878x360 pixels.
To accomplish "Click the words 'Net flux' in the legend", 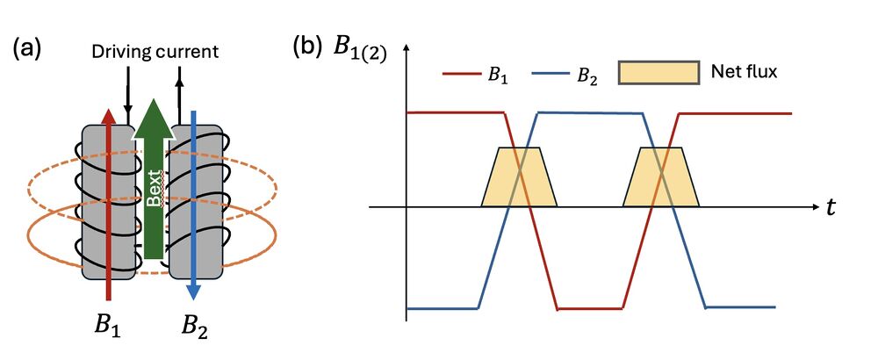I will point(743,72).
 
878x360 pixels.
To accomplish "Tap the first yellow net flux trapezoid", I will point(519,177).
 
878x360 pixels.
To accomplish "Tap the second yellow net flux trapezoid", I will point(660,177).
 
